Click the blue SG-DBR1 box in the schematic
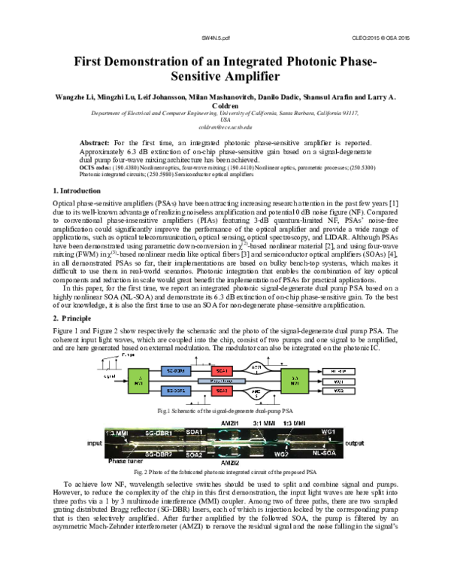(176, 371)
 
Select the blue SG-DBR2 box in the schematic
(176, 391)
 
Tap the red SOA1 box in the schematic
(222, 371)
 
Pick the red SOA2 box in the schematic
(222, 391)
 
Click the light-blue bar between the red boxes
(222, 382)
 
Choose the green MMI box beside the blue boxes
(138, 380)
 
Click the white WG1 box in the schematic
(338, 382)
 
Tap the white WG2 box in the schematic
(338, 391)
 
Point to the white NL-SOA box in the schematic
(338, 372)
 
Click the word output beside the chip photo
(355, 443)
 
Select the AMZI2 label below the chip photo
(230, 464)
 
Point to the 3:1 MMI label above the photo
(265, 423)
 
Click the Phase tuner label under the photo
(126, 461)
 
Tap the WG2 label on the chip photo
(281, 455)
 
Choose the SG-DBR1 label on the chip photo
(159, 433)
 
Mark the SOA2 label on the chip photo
(194, 455)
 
